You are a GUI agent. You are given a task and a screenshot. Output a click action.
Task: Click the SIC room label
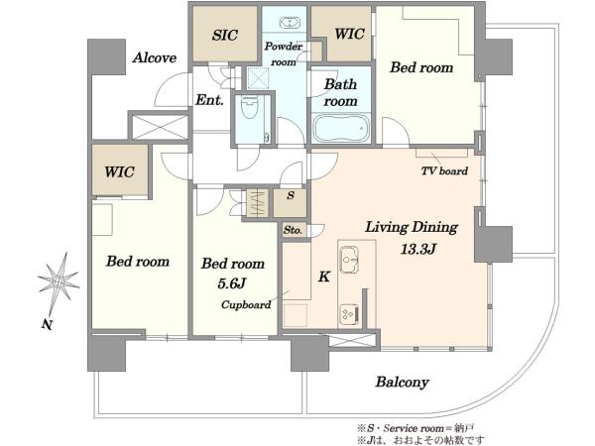click(x=225, y=36)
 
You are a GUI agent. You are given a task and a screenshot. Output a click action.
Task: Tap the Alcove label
click(x=155, y=58)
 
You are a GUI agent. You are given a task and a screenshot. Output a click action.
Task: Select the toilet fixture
click(x=249, y=107)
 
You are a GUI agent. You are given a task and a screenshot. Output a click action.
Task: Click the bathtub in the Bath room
click(x=341, y=128)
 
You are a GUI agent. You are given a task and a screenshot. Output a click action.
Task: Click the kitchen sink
click(x=349, y=260)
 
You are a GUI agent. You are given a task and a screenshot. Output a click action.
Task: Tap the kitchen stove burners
click(x=349, y=314)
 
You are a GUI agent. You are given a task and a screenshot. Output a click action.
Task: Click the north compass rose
click(x=59, y=281)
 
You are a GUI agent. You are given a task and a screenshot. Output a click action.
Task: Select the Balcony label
click(x=403, y=382)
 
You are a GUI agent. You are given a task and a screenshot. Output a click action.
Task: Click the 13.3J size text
click(x=418, y=249)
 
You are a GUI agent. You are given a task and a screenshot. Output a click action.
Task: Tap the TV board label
click(x=444, y=171)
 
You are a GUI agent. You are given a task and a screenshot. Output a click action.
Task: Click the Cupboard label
click(x=246, y=305)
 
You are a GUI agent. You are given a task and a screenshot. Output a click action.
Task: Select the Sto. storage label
click(x=293, y=230)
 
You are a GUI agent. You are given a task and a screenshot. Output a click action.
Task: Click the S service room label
click(x=291, y=195)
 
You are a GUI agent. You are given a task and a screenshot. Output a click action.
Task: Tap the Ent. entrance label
click(x=209, y=100)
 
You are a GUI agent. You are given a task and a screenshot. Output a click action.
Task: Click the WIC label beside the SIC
click(x=349, y=34)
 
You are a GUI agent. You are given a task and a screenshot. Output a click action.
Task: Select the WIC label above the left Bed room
click(x=120, y=171)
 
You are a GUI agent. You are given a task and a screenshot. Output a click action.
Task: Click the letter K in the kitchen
click(x=323, y=277)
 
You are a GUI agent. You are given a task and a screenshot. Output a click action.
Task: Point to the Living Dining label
click(x=412, y=228)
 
